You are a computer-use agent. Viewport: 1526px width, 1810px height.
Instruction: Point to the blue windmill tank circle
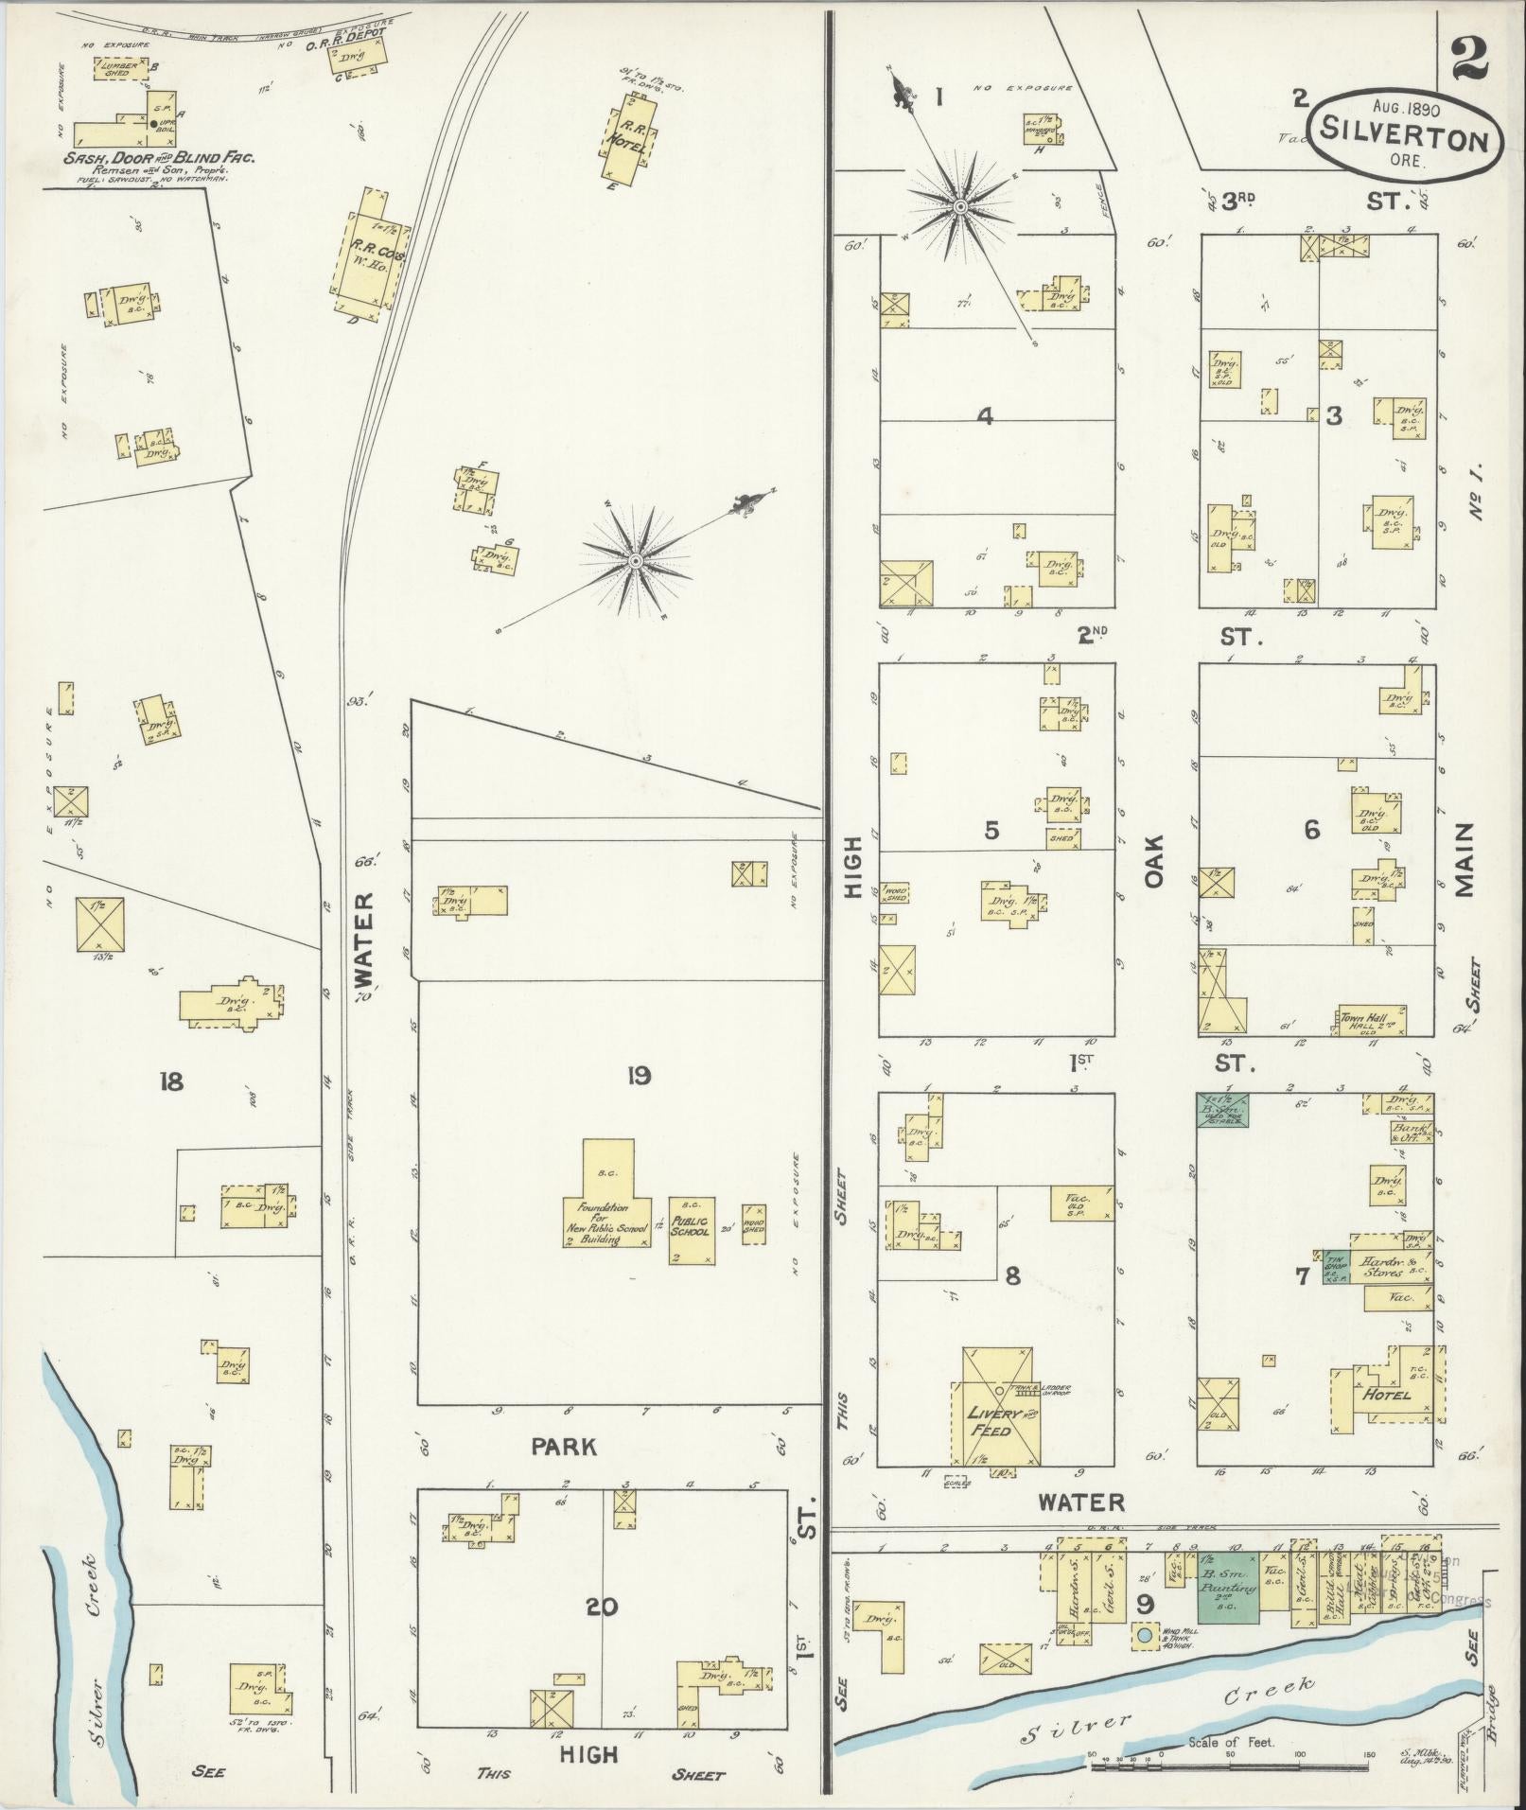[1145, 1634]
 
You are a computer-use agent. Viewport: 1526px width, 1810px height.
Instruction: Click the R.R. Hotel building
[630, 143]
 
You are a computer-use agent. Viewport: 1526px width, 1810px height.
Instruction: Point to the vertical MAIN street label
[1464, 859]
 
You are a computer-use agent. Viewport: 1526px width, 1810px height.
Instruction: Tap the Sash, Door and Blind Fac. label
[159, 157]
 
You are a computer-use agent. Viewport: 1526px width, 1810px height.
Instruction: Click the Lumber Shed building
[121, 69]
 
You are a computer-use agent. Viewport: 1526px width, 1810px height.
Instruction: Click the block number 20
[602, 1607]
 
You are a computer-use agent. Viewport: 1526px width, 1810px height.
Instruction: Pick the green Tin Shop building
[1336, 1265]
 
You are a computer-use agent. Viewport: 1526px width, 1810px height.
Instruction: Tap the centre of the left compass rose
[635, 562]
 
